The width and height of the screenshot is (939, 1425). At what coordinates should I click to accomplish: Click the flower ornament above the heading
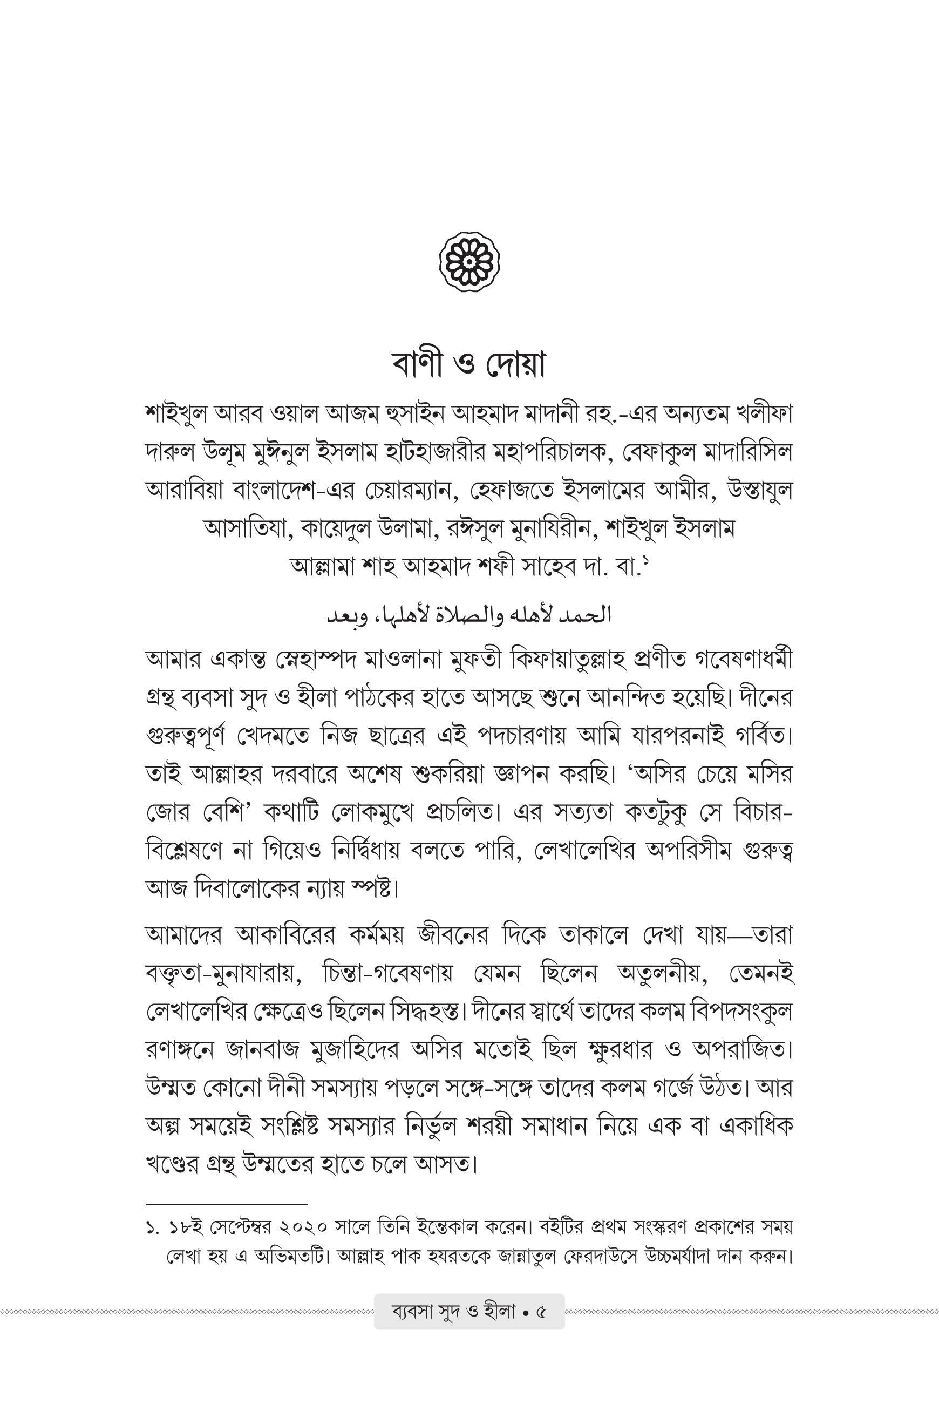(x=469, y=262)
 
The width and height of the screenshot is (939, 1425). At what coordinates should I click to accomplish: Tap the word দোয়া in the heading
(x=515, y=364)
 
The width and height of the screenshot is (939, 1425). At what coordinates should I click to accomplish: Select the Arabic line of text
(x=469, y=615)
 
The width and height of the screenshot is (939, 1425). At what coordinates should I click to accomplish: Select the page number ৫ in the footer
(x=541, y=1312)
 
